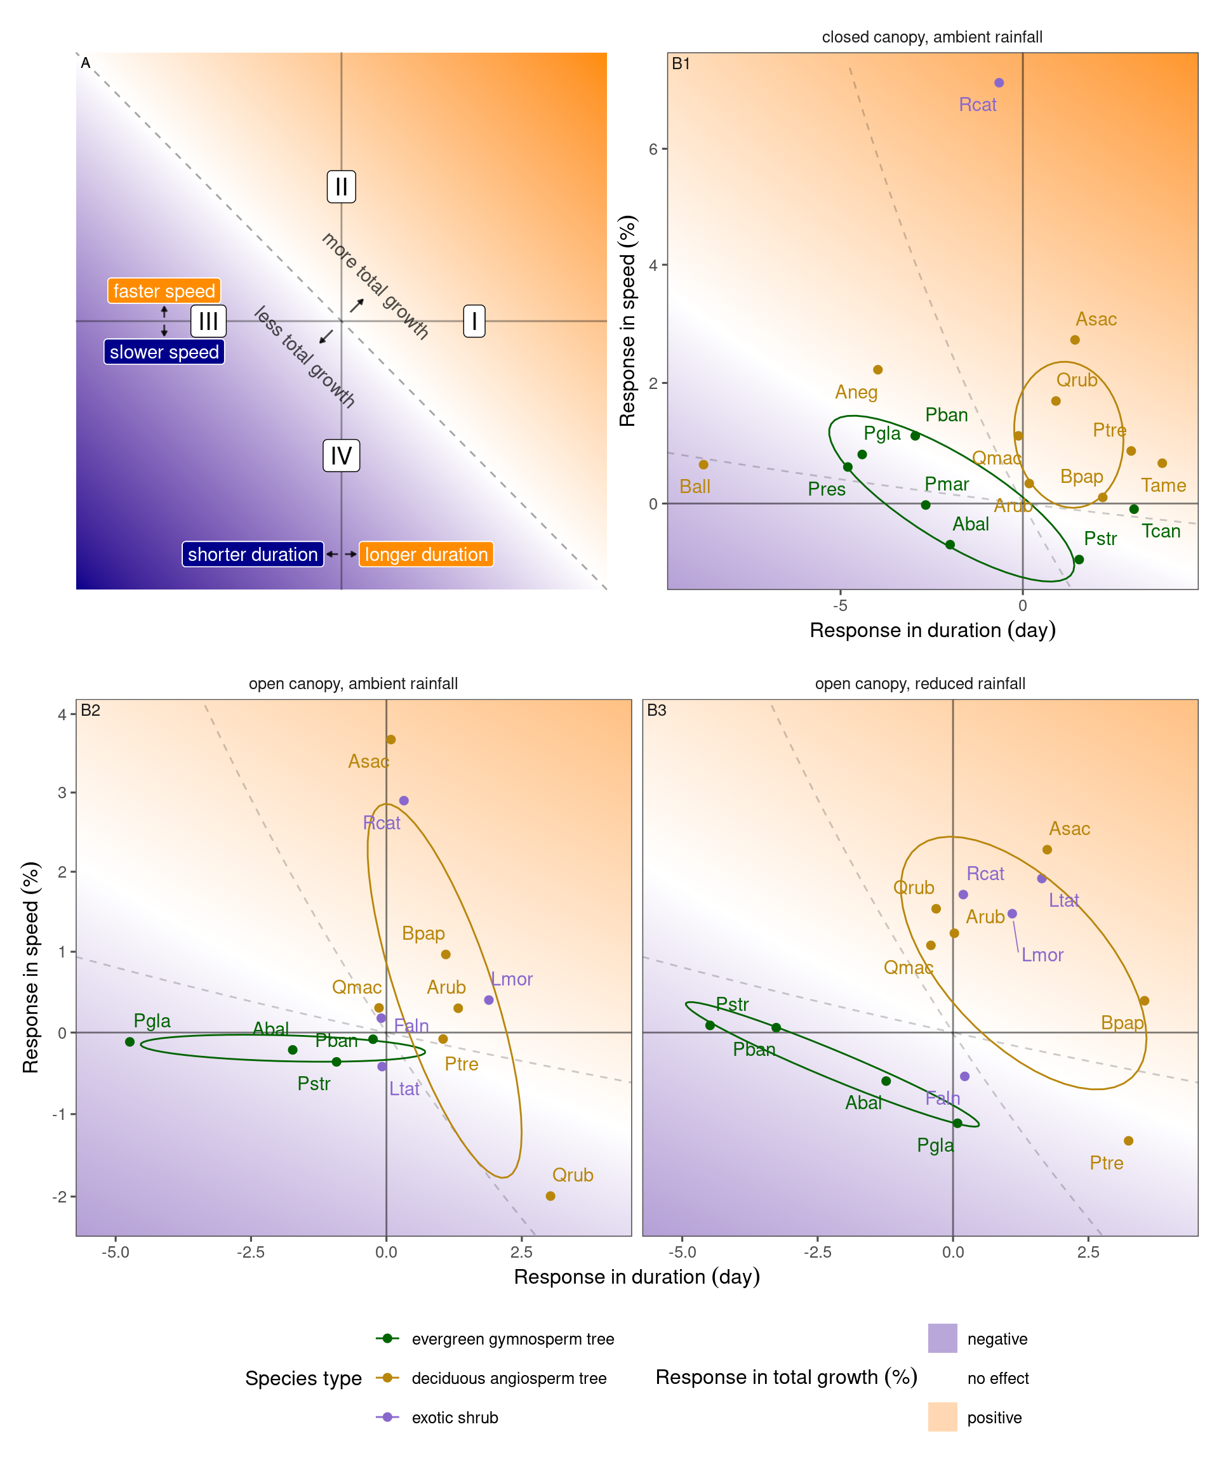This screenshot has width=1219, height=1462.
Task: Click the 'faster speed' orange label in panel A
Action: [x=164, y=291]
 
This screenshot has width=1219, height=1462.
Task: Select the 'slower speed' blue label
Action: [x=164, y=352]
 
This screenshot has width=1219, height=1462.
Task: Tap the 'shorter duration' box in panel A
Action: [x=252, y=554]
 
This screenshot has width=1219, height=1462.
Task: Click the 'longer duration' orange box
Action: [x=425, y=554]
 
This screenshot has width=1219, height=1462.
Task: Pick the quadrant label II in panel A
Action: [x=342, y=187]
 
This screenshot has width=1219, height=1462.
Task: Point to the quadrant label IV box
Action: [x=342, y=456]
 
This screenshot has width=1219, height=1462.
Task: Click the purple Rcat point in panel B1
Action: [x=999, y=83]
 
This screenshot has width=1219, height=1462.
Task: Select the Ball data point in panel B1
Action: [x=703, y=464]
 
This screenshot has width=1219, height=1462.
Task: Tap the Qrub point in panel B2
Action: [x=550, y=1196]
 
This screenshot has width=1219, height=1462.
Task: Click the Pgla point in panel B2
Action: [x=130, y=1041]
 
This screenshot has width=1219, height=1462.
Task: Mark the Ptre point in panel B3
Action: [x=1128, y=1140]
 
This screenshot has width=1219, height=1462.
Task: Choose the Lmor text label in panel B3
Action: [x=1042, y=954]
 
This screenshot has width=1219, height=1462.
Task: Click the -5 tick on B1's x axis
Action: [x=841, y=605]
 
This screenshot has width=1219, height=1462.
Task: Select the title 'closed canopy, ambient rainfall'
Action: [x=932, y=37]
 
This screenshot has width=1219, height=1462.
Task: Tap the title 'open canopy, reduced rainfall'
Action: [x=920, y=683]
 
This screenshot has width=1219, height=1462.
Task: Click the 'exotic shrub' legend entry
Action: [x=455, y=1418]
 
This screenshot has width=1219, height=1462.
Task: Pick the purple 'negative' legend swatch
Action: [x=942, y=1338]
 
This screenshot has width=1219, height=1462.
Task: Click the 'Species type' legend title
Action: [x=303, y=1378]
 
